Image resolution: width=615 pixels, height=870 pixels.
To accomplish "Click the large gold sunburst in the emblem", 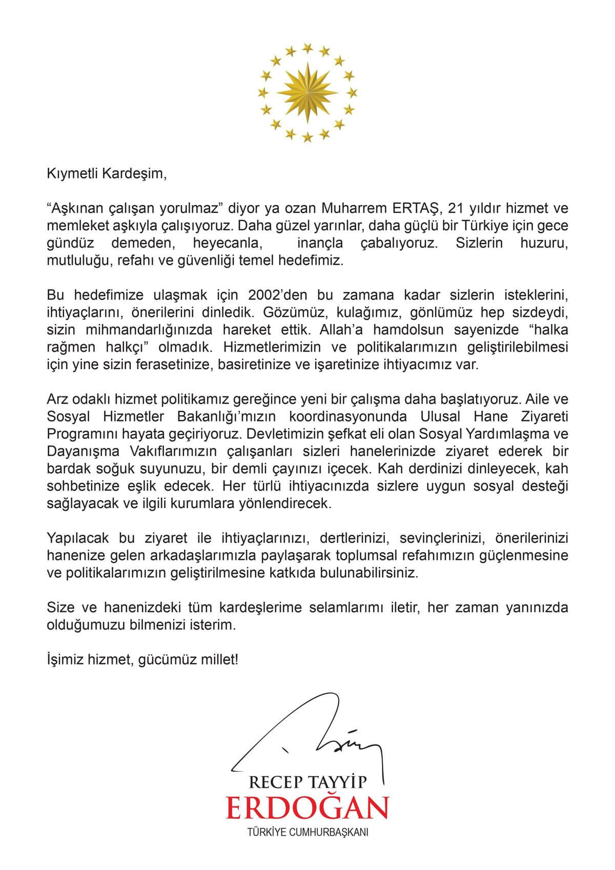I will pos(307,92).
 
